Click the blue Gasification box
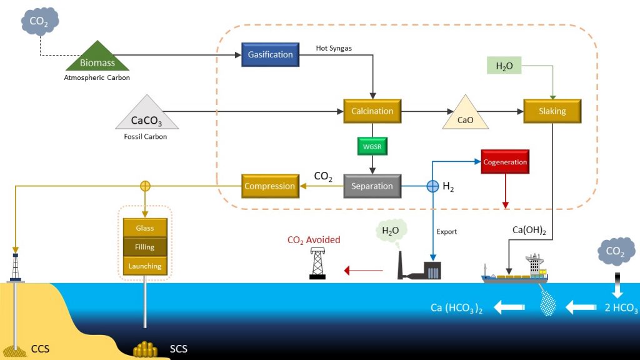[270, 55]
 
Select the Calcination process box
[372, 111]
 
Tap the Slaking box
[552, 111]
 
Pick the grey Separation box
[372, 186]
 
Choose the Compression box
[269, 186]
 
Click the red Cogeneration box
[505, 162]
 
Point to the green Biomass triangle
[97, 59]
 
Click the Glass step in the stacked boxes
[145, 229]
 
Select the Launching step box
[145, 266]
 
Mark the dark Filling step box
[145, 247]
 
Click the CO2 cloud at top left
[39, 21]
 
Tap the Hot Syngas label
[334, 48]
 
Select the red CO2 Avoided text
[314, 239]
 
